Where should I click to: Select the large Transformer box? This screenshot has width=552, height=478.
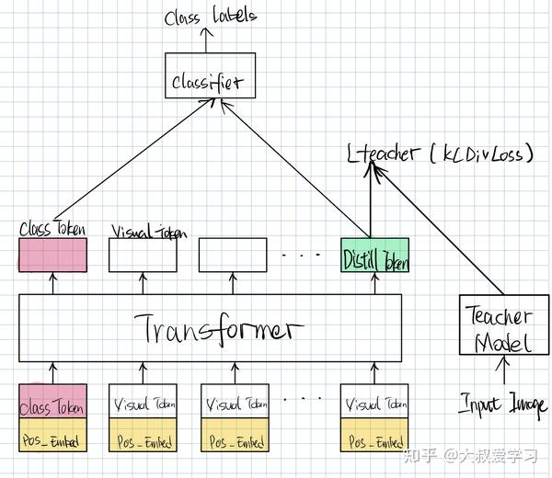211,327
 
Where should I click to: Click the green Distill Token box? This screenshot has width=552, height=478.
375,255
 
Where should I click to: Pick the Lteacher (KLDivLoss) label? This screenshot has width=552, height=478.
440,154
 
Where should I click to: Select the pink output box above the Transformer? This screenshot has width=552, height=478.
52,255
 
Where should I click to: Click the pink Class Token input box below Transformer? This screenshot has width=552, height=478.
52,401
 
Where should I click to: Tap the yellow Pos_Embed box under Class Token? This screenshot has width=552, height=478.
52,440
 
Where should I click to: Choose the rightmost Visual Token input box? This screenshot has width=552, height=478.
375,401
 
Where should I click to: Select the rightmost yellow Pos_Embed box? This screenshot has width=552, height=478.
375,440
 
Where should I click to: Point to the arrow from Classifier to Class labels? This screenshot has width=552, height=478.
208,40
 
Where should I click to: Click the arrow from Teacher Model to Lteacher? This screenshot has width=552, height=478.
437,234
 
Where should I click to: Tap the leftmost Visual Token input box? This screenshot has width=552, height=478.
143,401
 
